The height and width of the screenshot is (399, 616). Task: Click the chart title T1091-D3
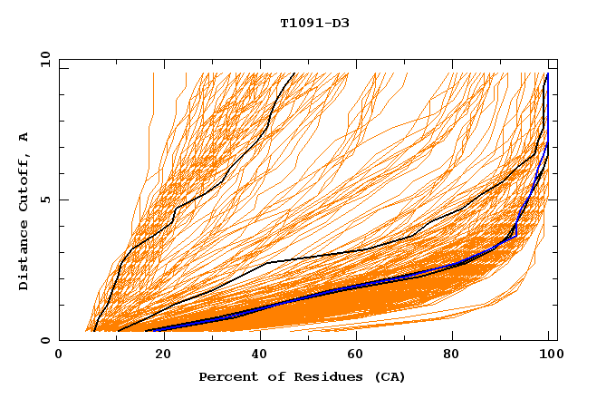click(x=314, y=23)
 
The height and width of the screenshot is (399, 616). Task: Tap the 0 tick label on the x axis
click(x=59, y=355)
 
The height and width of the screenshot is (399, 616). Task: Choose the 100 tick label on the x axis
click(x=549, y=355)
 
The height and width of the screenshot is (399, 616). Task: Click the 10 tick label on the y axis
click(x=44, y=59)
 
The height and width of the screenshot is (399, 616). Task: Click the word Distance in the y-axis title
click(x=24, y=254)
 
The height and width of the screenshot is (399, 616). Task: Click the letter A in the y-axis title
click(x=24, y=137)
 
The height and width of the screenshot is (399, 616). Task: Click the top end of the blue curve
click(x=547, y=73)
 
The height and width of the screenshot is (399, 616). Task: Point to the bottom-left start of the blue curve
click(x=146, y=330)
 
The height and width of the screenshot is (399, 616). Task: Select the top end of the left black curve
click(x=294, y=73)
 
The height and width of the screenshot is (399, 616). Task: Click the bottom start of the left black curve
click(x=94, y=331)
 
